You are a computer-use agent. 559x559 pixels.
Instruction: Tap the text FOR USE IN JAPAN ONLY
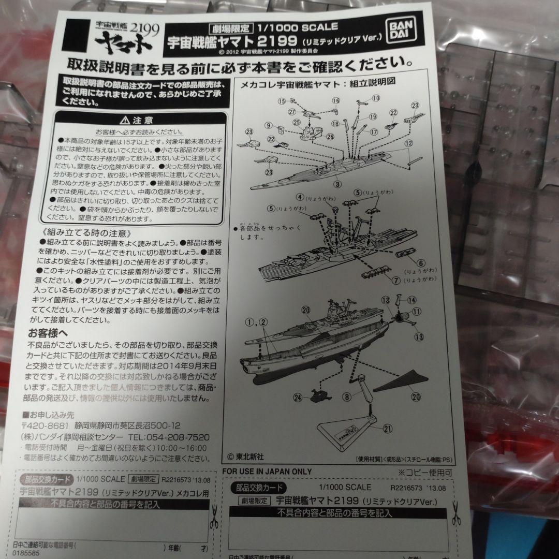(x=267, y=471)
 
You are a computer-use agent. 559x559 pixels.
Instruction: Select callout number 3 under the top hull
(x=336, y=183)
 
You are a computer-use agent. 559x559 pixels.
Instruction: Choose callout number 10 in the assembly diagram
(x=376, y=98)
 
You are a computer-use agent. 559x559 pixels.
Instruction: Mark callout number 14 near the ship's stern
(x=412, y=300)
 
